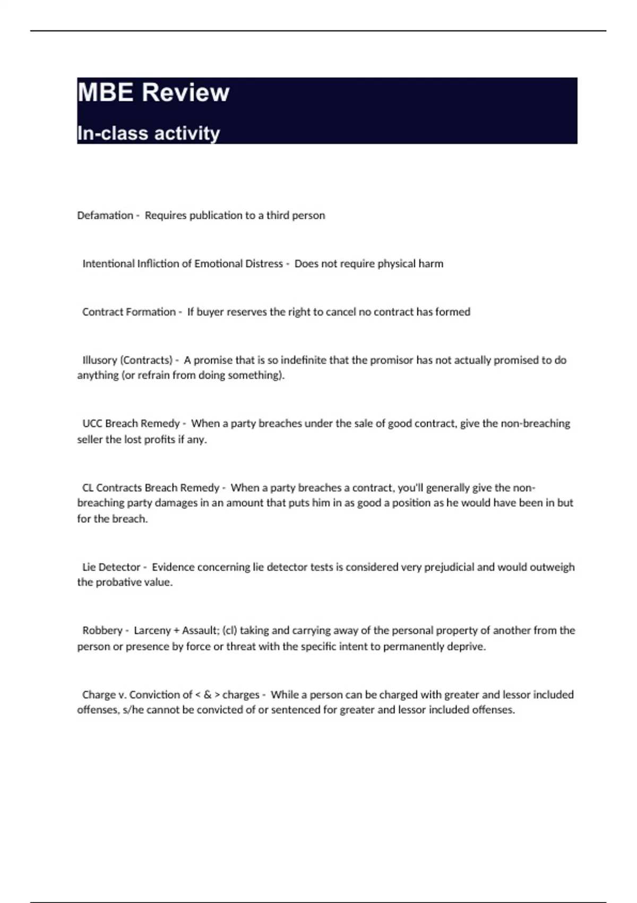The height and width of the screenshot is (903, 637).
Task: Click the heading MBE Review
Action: click(153, 92)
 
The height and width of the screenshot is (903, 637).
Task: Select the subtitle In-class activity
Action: click(148, 133)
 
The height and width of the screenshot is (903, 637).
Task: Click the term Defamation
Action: click(105, 215)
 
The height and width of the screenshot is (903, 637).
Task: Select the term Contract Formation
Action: click(128, 312)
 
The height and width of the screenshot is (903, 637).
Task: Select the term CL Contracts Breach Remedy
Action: click(150, 488)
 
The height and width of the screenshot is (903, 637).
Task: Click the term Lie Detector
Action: click(111, 567)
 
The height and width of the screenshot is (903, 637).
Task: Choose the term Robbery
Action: click(102, 631)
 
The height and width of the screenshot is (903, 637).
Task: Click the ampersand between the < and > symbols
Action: click(208, 695)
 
